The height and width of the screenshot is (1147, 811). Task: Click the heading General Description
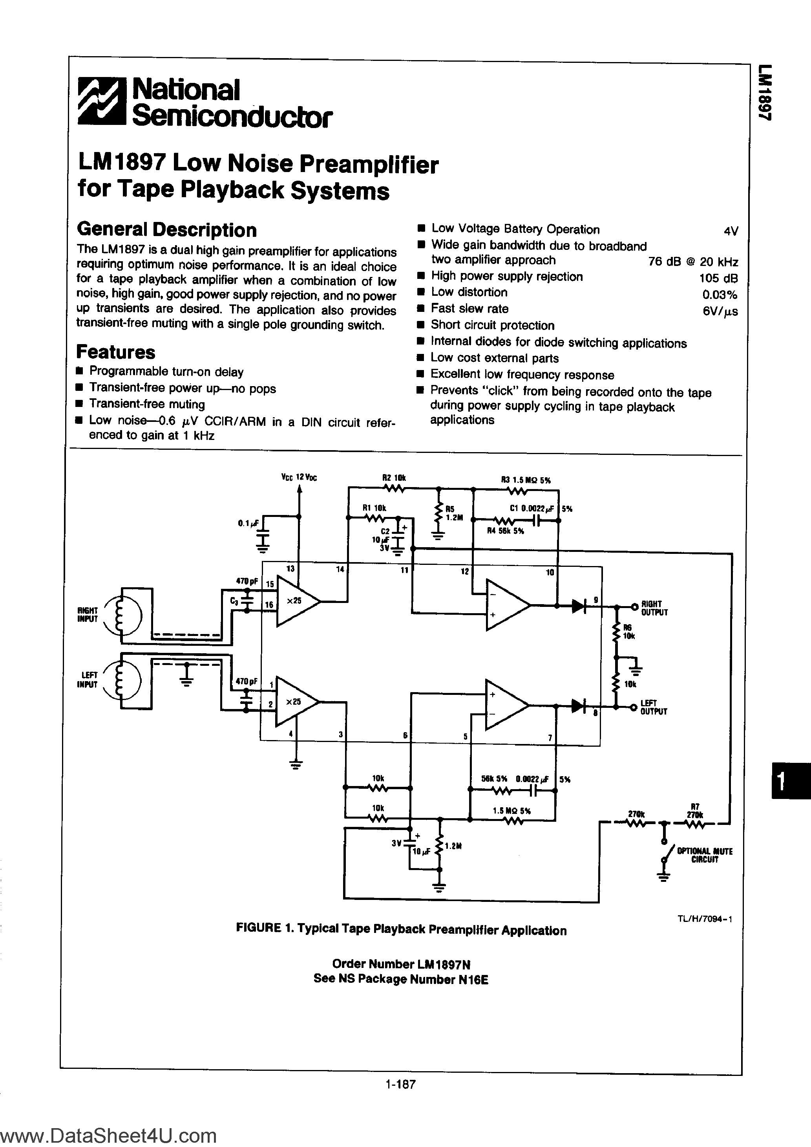coord(166,230)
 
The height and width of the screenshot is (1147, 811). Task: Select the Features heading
coord(115,352)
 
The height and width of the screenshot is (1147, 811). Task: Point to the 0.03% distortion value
coord(720,295)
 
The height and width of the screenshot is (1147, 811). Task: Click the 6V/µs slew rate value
coord(720,311)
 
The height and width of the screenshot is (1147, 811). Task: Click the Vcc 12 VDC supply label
coord(299,477)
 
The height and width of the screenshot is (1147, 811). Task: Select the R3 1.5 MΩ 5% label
coord(525,480)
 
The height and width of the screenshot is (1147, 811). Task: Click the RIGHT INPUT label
coord(88,614)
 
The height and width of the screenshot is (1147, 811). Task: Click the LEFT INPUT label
coord(88,680)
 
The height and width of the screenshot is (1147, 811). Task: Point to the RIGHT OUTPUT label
coord(654,608)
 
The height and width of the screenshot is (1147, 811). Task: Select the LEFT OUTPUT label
coord(653,707)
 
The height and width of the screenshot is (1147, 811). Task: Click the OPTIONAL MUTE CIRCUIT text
coord(704,855)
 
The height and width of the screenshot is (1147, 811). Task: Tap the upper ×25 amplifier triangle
coord(295,601)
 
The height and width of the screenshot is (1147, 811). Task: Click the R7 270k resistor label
coord(695,810)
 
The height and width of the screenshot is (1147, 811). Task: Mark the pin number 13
coord(290,568)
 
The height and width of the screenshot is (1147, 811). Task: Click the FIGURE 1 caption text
coord(401,929)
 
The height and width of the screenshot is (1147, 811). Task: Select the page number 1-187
coord(400,1084)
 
